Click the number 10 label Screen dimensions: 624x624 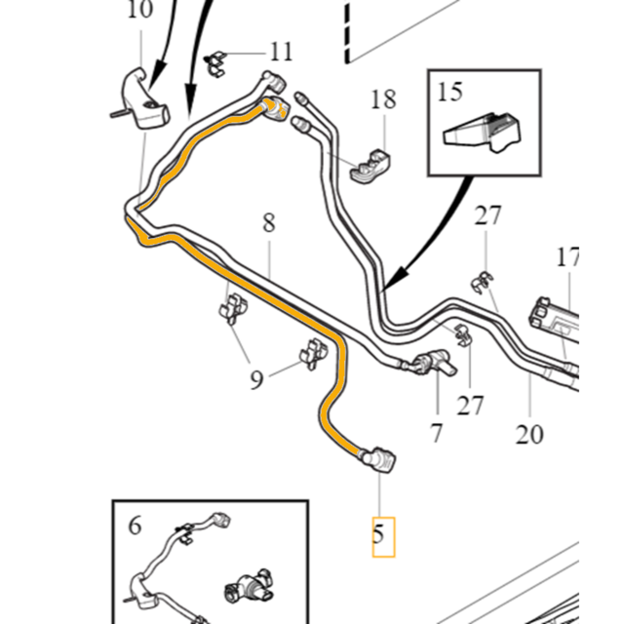(140, 11)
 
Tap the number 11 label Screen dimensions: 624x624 (281, 51)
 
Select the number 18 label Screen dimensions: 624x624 (383, 98)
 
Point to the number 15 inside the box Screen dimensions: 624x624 (450, 93)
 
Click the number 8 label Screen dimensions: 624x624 (269, 223)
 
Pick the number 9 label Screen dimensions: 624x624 (256, 377)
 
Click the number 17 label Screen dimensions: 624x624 (567, 258)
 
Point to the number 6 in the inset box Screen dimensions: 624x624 (136, 526)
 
